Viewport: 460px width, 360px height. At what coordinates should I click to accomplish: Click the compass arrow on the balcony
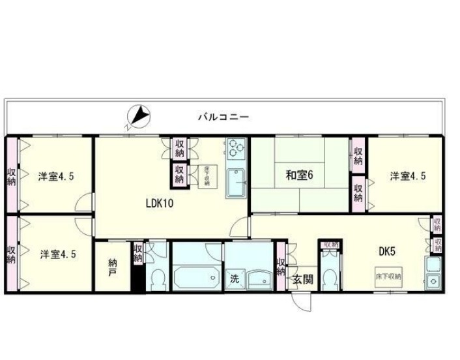point(139,117)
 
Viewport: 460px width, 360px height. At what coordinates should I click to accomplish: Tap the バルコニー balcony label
point(223,118)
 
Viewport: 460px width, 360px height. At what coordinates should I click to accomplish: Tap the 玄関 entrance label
point(303,280)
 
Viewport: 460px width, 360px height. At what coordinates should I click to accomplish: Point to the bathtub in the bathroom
point(196,278)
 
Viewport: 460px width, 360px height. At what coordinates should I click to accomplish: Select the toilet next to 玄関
point(329,278)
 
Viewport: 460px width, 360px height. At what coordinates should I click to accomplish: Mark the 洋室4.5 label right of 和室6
point(409,176)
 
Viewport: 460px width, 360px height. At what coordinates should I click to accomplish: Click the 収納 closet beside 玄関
point(281,267)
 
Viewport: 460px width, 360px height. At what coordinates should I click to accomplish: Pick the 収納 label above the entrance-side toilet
point(330,245)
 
